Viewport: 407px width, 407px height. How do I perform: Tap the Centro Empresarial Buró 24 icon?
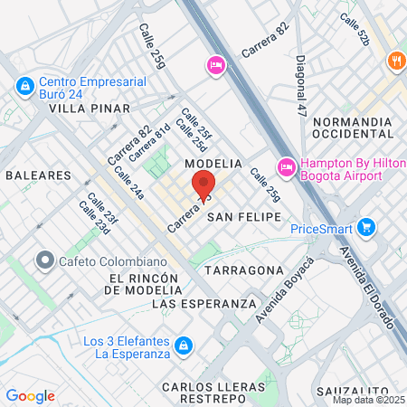(x=24, y=87)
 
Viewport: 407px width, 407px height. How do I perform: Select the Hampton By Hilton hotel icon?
(x=286, y=166)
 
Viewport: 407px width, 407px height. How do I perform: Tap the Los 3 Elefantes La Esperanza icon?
(x=184, y=346)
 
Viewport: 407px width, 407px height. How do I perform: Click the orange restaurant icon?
(x=395, y=62)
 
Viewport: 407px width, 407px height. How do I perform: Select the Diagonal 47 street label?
(x=301, y=86)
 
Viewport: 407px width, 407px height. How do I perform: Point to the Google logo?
(x=30, y=396)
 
